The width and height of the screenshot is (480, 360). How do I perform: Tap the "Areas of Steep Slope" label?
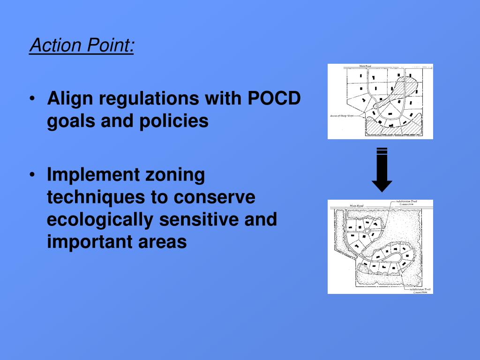point(341,115)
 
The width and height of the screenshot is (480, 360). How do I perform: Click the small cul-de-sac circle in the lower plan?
point(367,231)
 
